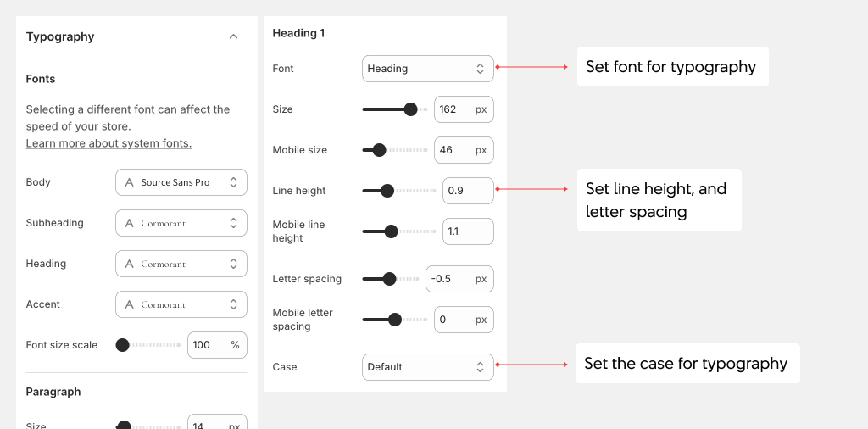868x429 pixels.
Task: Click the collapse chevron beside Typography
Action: pos(234,36)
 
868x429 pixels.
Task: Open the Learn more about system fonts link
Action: pos(108,143)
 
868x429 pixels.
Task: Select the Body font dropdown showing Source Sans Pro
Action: pos(181,182)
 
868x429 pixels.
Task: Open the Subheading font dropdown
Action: pos(181,223)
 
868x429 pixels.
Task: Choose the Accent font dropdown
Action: pos(181,304)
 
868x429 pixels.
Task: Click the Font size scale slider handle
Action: pos(122,345)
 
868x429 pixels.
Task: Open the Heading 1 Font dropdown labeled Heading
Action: pos(427,69)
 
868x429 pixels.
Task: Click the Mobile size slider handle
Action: pos(379,150)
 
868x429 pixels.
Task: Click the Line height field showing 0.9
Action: pos(468,191)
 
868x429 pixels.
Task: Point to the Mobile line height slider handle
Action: pos(391,231)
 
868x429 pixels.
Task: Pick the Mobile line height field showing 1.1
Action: pos(468,231)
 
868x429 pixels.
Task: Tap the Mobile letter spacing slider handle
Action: pos(394,320)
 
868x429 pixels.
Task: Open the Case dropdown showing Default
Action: pos(427,367)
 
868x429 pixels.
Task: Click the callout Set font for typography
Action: pos(671,67)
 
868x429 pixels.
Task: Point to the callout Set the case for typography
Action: pos(686,364)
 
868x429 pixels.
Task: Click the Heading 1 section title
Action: pos(298,33)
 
